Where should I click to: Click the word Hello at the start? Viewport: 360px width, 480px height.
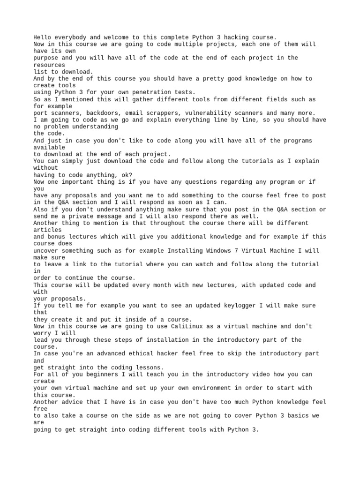click(42, 37)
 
